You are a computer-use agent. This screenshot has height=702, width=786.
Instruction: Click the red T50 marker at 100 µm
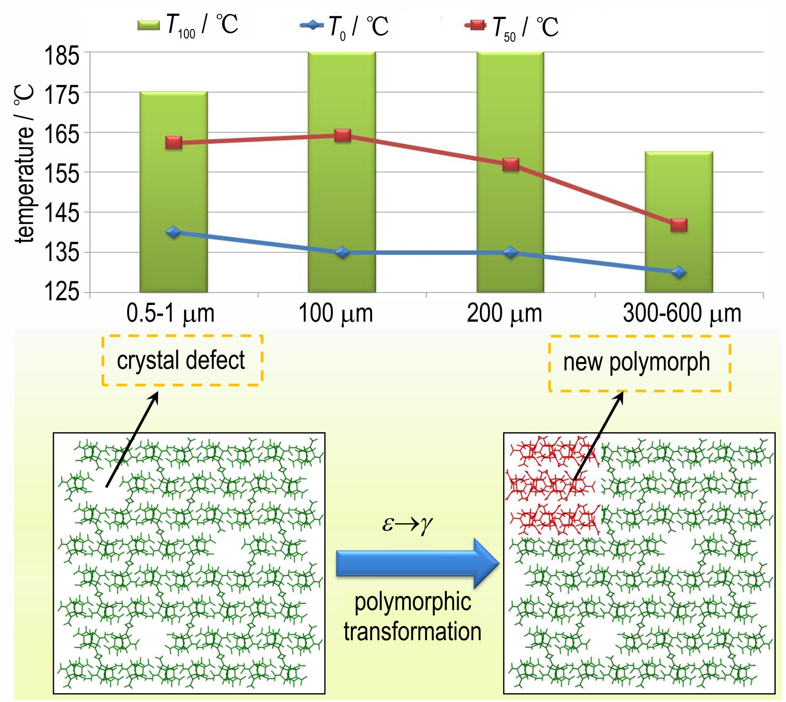coord(342,135)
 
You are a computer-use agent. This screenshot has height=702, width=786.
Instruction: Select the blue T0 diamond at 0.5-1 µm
coord(174,232)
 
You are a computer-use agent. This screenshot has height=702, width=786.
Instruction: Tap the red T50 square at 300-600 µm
coord(679,225)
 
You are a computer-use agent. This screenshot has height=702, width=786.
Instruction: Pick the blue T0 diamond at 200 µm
coord(510,252)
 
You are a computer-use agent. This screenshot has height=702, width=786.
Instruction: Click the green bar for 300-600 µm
coord(679,222)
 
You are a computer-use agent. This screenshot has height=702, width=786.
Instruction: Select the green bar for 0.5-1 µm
coord(174,192)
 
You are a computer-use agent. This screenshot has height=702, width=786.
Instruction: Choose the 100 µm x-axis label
coord(336,313)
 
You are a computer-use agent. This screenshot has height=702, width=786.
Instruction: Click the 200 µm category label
coord(504,313)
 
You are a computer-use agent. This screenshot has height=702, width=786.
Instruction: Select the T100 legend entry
coord(188,25)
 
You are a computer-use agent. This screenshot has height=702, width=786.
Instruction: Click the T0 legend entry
coord(344,27)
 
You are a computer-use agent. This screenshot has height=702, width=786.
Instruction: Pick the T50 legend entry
coord(512,27)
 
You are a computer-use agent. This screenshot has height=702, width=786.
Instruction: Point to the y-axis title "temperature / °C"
coord(25,163)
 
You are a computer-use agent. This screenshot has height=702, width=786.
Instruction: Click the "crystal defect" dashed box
coord(182,360)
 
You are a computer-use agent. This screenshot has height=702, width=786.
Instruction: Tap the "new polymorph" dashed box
coord(639,363)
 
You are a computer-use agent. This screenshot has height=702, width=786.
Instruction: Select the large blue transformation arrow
coord(418,563)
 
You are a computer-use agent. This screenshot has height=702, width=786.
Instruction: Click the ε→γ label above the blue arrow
coord(407,524)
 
